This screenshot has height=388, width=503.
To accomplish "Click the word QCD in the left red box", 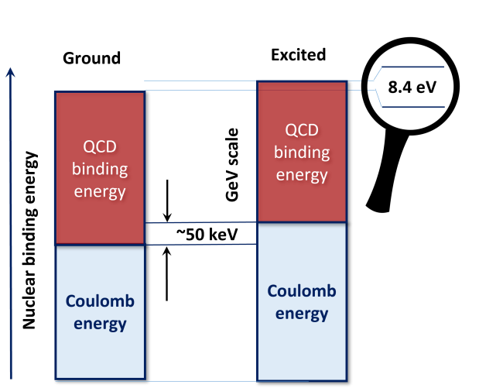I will click(100, 148).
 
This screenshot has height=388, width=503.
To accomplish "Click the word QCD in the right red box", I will click(302, 129).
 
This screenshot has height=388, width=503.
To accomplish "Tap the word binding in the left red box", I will click(100, 169).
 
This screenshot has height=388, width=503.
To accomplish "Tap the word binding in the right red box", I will click(302, 152).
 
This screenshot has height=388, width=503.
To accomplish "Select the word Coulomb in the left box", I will click(100, 302).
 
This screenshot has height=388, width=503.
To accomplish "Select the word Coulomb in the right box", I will click(302, 291).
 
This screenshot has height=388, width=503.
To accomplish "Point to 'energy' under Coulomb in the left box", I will click(100, 324).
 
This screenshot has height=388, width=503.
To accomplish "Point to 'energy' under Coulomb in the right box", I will click(302, 314).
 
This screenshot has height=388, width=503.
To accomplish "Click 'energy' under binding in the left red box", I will click(100, 191).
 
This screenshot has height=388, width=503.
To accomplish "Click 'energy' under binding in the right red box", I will click(302, 174).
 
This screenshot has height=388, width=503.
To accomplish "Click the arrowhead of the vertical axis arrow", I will click(10, 72).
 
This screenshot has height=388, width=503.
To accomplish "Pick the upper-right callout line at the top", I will click(414, 67).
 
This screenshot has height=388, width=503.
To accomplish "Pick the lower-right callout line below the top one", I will click(414, 107).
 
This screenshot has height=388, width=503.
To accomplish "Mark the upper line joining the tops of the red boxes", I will click(201, 80).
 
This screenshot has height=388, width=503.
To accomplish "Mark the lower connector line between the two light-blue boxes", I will click(201, 245).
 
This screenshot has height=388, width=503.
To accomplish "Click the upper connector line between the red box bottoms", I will click(201, 223).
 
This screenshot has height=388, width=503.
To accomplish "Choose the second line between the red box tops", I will click(201, 91).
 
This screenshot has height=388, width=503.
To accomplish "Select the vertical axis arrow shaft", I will click(11, 232).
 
